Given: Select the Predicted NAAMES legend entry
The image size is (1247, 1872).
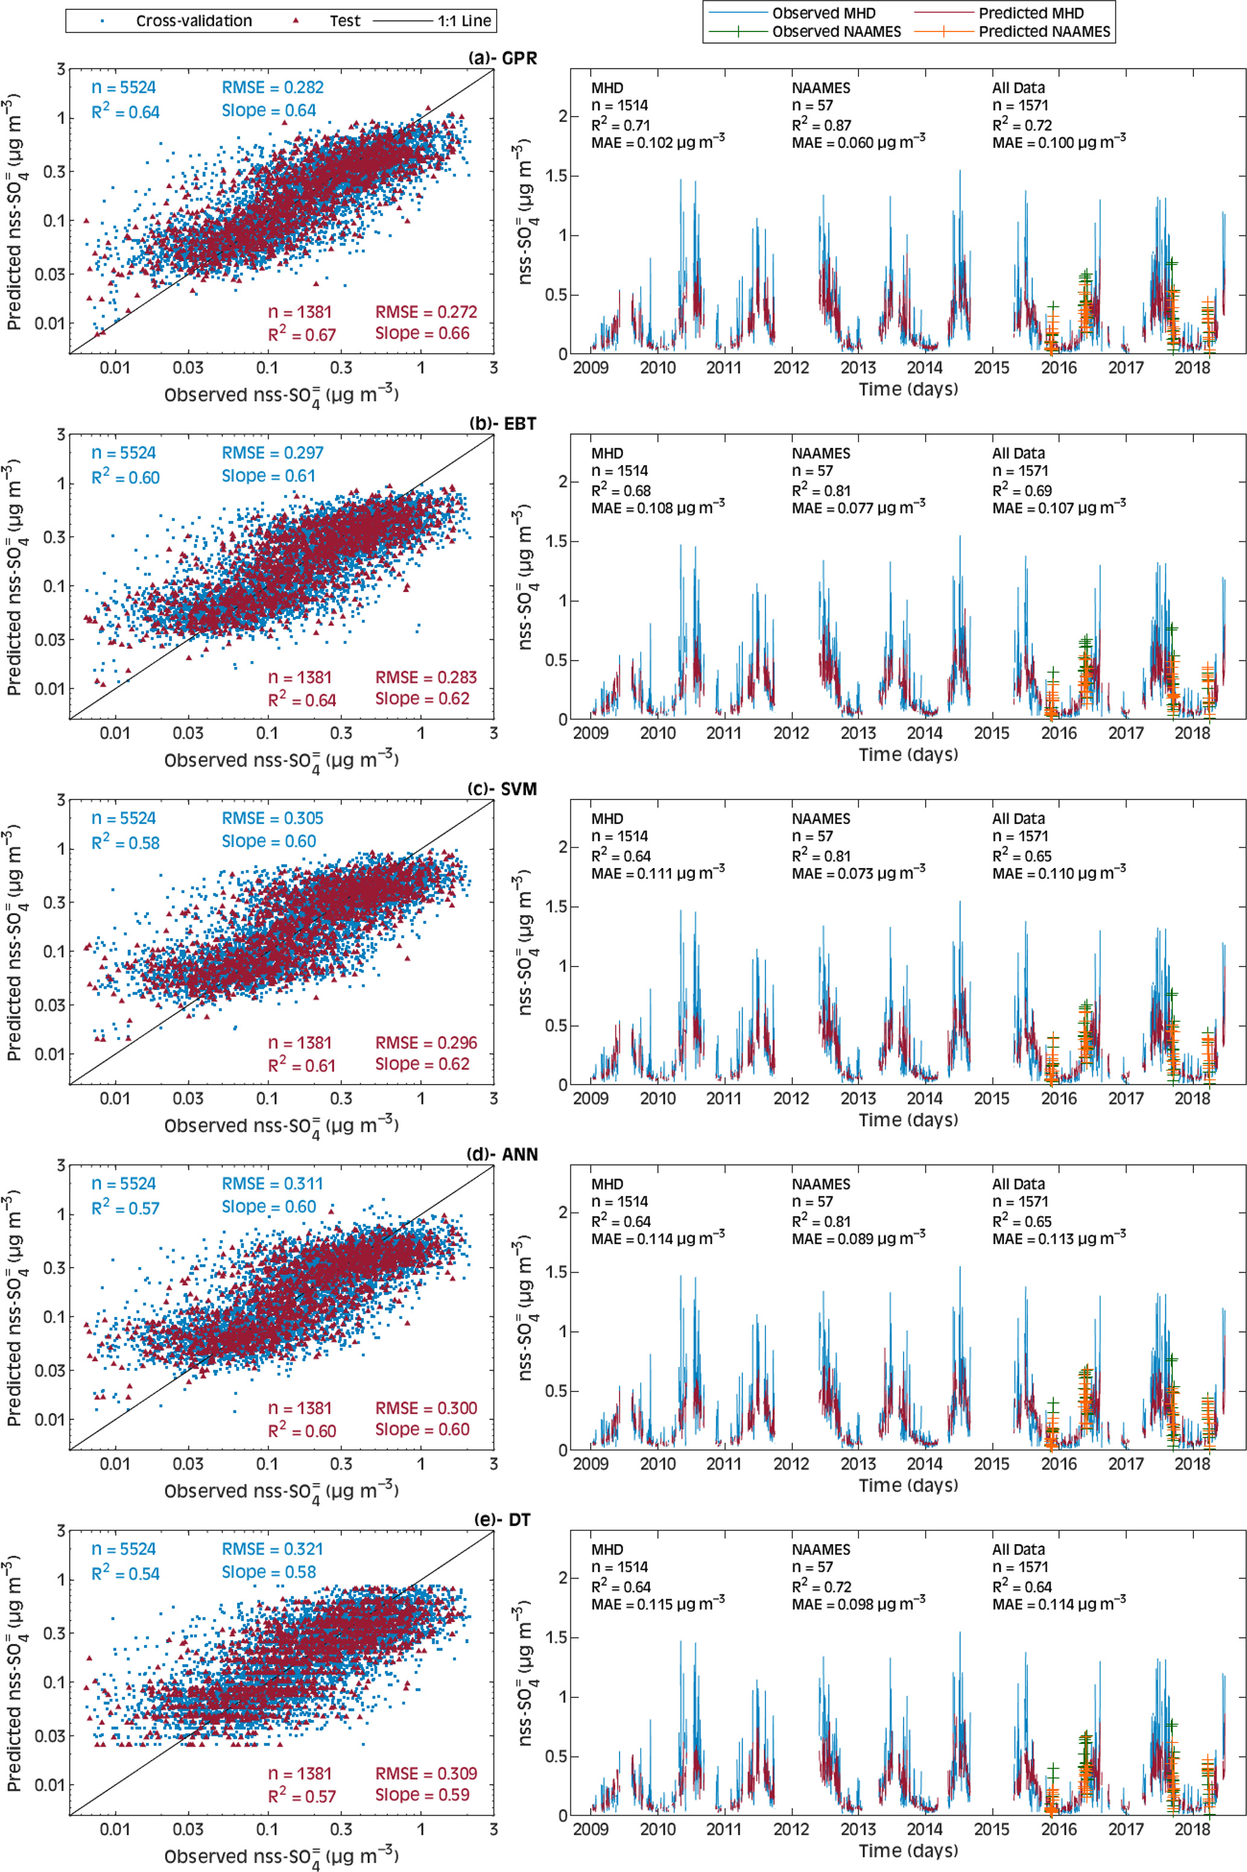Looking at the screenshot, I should tap(1044, 32).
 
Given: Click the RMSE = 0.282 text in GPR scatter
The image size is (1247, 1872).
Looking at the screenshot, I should tap(272, 87).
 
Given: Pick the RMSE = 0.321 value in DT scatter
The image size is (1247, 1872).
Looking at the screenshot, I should tap(272, 1549).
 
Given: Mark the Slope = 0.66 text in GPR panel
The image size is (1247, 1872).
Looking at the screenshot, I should tap(422, 333).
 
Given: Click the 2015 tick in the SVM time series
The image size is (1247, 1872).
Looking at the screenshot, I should tap(992, 1099).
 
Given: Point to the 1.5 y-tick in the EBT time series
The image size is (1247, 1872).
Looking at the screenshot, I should tap(555, 541).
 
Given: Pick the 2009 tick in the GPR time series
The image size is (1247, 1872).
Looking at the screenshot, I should tap(591, 368).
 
